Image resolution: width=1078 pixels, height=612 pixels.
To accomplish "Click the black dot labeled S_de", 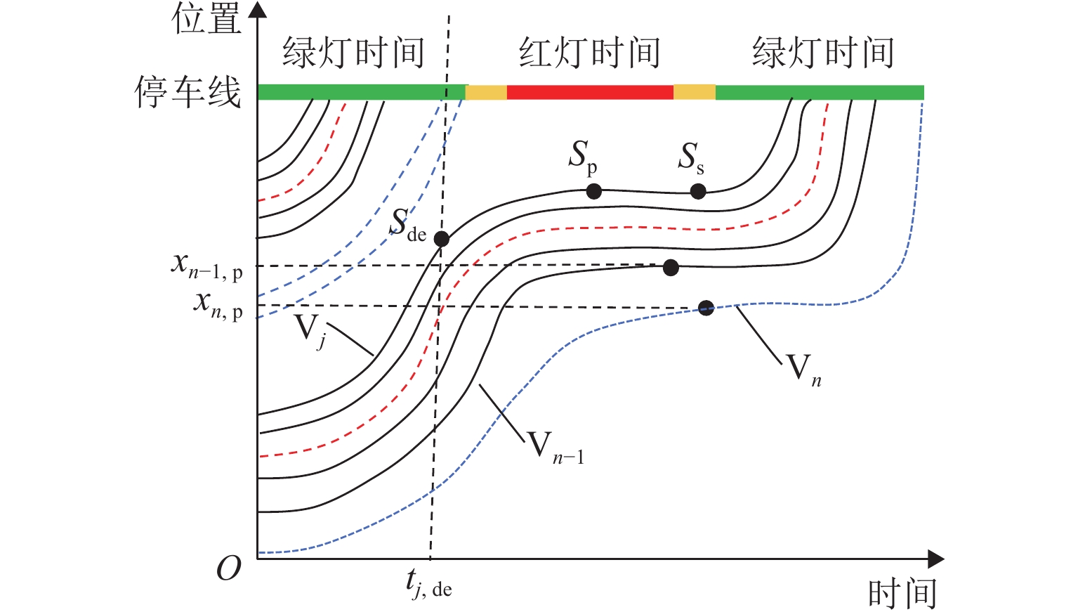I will [441, 239].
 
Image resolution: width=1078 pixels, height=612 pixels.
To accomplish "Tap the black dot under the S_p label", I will [593, 190].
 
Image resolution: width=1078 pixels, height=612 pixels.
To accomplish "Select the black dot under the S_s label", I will [697, 191].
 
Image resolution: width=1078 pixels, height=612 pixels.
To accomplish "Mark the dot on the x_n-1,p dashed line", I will [671, 267].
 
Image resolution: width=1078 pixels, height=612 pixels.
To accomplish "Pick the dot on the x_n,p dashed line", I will [706, 307].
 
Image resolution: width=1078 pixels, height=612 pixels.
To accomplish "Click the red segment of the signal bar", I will [590, 92].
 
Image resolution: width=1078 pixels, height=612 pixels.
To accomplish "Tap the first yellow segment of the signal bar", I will [486, 92].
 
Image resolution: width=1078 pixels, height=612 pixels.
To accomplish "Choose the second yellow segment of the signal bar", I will [694, 92].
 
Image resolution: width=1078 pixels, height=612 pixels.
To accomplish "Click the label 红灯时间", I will [590, 53].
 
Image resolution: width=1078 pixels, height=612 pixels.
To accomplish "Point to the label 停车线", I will [188, 92].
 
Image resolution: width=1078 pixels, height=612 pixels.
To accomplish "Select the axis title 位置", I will [206, 19].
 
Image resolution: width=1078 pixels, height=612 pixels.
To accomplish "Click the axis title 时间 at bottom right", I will [902, 594].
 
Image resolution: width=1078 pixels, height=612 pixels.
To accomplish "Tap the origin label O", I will [229, 568].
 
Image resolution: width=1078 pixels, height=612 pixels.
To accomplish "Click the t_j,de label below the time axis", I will [428, 583].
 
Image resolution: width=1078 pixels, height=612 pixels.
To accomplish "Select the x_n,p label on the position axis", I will [218, 305].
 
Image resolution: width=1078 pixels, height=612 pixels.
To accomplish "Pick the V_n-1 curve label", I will [556, 447].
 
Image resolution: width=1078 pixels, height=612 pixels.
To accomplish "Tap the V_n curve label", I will [803, 370].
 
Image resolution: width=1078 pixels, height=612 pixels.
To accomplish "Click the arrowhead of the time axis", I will [935, 559].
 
